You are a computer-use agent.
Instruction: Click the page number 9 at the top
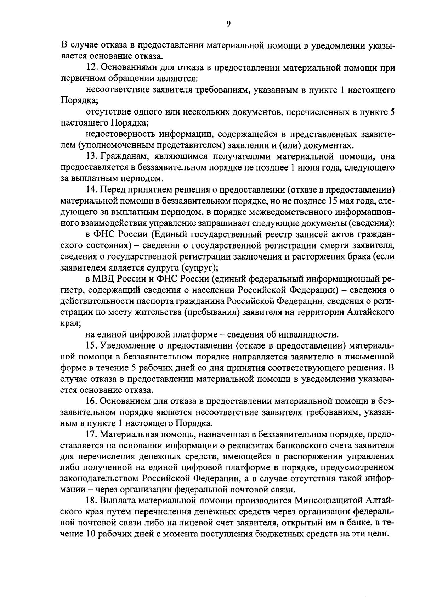coord(228,24)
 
